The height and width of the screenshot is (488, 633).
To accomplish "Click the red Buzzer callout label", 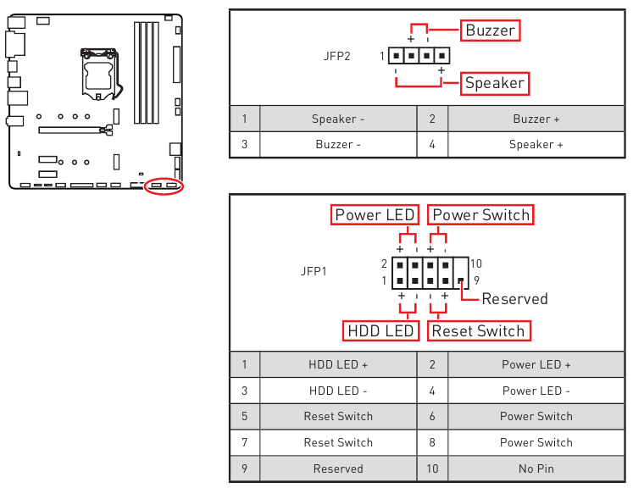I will tap(490, 30).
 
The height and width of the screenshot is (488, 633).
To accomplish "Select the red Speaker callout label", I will tap(495, 83).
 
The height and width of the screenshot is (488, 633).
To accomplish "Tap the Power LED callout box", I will tap(374, 215).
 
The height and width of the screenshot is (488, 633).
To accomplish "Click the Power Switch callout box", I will tap(480, 215).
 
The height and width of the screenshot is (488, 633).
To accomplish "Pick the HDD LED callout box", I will tap(380, 330).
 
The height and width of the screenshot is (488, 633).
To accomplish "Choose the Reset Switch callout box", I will tap(479, 330).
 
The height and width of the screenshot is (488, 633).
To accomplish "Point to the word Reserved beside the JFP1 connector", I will tap(514, 299).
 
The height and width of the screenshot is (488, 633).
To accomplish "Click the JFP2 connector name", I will tap(336, 56).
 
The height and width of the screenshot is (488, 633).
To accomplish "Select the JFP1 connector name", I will tap(314, 272).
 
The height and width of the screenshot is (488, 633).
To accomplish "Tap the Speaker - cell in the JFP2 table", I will tap(337, 119).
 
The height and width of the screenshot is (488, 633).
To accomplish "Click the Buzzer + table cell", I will tap(536, 119).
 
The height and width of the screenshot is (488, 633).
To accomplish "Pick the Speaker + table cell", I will tap(536, 145).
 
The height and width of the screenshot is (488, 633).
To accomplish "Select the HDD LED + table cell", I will tap(337, 365).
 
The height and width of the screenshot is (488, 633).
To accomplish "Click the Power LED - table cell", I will tap(536, 391).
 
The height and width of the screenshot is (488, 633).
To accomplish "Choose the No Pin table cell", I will tap(536, 469).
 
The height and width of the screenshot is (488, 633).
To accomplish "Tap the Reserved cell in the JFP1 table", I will tap(337, 469).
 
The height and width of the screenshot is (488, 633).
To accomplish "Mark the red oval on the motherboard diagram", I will tap(164, 186).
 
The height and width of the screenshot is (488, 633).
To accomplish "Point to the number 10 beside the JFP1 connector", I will tap(475, 264).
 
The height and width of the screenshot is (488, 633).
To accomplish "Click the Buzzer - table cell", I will tap(337, 145).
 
